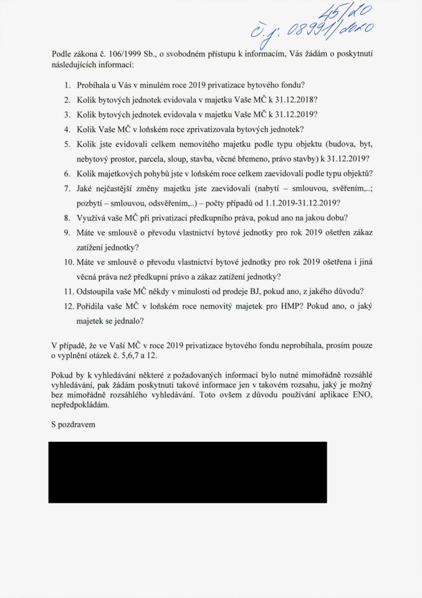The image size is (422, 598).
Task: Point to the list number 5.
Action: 67,144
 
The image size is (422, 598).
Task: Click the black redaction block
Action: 188,472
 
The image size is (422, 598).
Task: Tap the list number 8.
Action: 67,219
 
